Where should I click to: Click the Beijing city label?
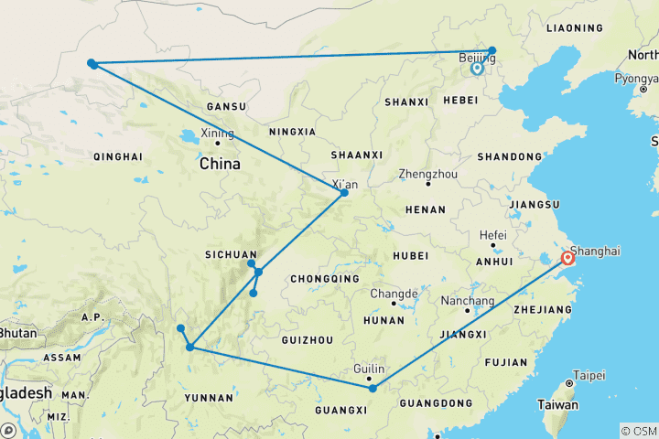(x=476, y=58)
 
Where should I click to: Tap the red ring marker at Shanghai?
(x=567, y=259)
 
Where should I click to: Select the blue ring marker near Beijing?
(x=477, y=68)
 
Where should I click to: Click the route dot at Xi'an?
(x=344, y=192)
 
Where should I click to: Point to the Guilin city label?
(x=368, y=368)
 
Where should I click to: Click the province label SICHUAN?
(x=231, y=254)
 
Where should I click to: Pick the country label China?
(x=220, y=165)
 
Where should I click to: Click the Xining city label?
(x=218, y=134)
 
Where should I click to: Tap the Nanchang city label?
(x=467, y=300)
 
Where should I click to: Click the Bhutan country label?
(x=17, y=333)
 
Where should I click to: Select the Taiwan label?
(x=557, y=404)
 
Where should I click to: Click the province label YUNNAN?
(x=209, y=397)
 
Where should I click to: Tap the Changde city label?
(x=394, y=294)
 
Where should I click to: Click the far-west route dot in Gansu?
(x=92, y=63)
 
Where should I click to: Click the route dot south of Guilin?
(x=373, y=388)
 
